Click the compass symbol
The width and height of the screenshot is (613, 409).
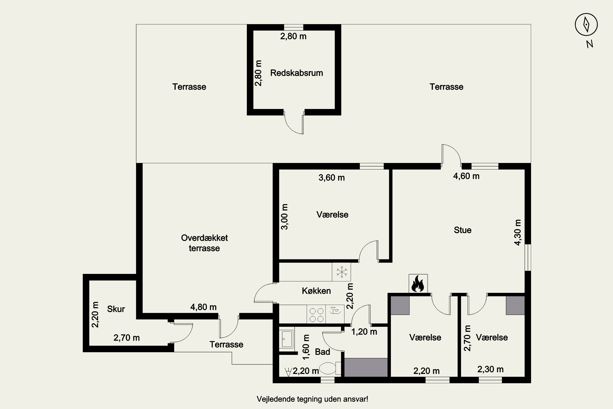(x=586, y=25)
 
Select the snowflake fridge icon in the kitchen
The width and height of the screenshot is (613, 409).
(x=341, y=272)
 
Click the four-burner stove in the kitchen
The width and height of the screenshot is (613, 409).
(x=316, y=315)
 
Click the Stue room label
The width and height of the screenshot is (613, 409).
(x=463, y=230)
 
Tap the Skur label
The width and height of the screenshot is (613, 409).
(x=116, y=309)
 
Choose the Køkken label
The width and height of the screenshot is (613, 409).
(x=316, y=291)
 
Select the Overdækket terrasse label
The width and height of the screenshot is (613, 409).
(x=204, y=243)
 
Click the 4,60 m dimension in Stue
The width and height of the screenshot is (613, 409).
(x=466, y=176)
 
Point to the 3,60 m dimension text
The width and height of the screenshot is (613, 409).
(x=331, y=178)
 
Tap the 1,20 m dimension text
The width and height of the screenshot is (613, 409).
(x=364, y=332)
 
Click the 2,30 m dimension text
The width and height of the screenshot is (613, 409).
(x=490, y=369)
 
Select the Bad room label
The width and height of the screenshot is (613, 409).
(x=322, y=352)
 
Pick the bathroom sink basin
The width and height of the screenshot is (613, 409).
(x=287, y=339)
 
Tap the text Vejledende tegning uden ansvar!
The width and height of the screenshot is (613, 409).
(x=312, y=399)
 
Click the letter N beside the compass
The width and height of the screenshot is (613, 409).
(x=590, y=44)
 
